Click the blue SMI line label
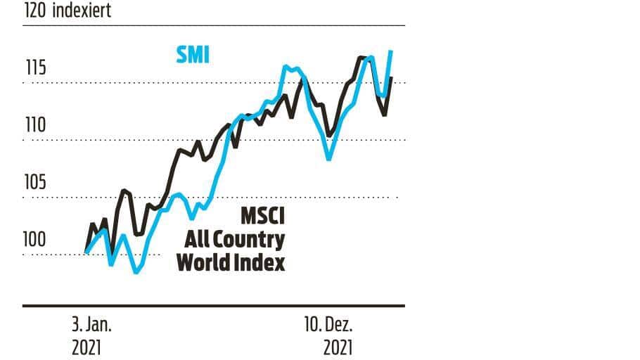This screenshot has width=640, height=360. click(x=193, y=55)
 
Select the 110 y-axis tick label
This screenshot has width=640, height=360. click(x=34, y=125)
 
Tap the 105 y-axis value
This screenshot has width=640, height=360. click(x=34, y=182)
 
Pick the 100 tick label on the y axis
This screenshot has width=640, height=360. click(x=34, y=239)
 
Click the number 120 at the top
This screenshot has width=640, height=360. click(x=34, y=11)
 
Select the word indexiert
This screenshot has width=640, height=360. click(x=80, y=11)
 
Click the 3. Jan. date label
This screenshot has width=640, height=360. click(x=91, y=325)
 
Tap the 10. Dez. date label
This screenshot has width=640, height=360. click(x=328, y=325)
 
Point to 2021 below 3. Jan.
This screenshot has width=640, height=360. click(x=87, y=347)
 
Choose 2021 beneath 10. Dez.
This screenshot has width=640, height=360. click(x=338, y=347)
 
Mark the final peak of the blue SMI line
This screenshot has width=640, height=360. click(x=390, y=51)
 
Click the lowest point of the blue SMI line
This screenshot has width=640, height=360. click(x=136, y=271)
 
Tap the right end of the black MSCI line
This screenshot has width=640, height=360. click(x=391, y=78)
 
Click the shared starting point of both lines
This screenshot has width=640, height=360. click(x=85, y=252)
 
